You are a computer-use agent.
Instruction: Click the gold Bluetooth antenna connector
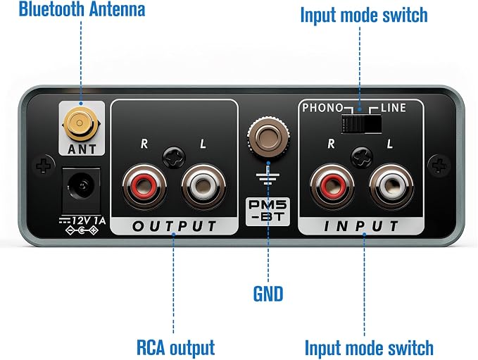coord(80,123)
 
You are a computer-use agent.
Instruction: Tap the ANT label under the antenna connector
coord(82,149)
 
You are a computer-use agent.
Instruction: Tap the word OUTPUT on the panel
coord(174,226)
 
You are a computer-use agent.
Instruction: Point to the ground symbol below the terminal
coord(268,178)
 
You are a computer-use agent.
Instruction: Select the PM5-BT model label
coord(268,212)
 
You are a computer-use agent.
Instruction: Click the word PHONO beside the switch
coord(322,108)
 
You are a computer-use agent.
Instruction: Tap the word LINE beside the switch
coord(394,108)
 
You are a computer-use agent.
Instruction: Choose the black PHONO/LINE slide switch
coord(362,123)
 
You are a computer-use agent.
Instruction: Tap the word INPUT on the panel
coord(361,226)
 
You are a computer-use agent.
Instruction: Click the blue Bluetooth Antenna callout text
coord(82,9)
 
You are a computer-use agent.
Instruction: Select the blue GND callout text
coord(268,294)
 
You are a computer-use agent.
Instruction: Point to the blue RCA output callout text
coord(175,347)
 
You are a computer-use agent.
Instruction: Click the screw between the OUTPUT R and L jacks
coord(174,157)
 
